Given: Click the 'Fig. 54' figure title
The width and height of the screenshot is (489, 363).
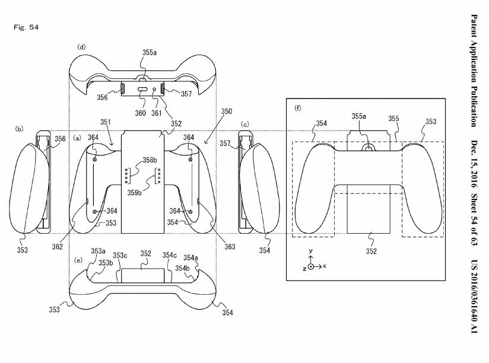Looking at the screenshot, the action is (26, 27).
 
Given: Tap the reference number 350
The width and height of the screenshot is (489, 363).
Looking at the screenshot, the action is (227, 112).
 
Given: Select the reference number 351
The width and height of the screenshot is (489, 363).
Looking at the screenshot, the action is (106, 122).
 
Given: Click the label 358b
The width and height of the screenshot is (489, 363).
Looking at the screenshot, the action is (150, 160).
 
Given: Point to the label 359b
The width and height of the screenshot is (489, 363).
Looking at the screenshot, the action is (134, 193).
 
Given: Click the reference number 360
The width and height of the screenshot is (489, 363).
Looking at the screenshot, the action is (140, 113).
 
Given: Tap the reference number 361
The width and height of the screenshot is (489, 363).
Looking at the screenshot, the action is (157, 113).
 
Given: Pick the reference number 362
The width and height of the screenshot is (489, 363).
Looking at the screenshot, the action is (58, 247).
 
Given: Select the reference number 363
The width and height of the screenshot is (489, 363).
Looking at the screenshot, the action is (230, 247).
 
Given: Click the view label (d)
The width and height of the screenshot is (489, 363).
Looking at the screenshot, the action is (81, 47).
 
